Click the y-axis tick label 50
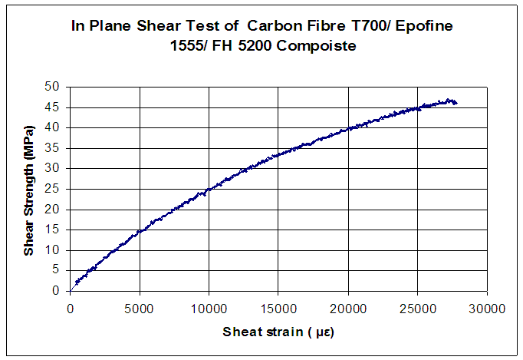(52, 86)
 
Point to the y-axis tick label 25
(52, 188)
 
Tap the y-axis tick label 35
(52, 147)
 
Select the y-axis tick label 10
(52, 249)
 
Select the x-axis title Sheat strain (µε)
(278, 332)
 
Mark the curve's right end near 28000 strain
(456, 102)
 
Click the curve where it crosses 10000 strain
(209, 190)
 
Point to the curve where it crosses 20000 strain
(348, 128)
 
